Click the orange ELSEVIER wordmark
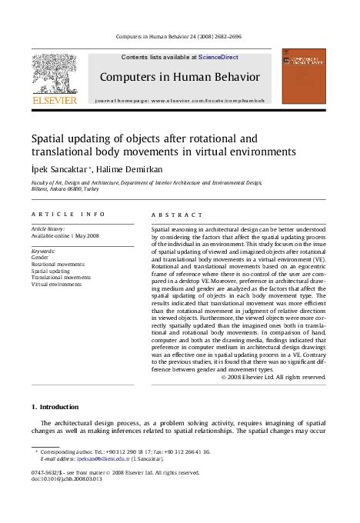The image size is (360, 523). pyautogui.click(x=54, y=100)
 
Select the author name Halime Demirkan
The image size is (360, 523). pyautogui.click(x=126, y=168)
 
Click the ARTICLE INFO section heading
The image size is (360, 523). pyautogui.click(x=68, y=215)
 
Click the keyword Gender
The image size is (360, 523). pyautogui.click(x=39, y=258)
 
